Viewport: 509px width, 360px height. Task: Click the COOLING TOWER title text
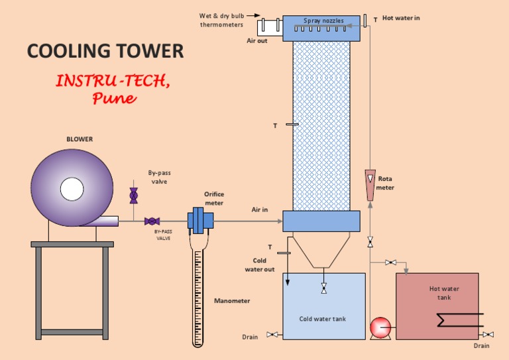[105, 51]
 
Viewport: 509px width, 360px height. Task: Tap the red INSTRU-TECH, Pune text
[113, 90]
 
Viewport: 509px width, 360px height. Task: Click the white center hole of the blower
[72, 189]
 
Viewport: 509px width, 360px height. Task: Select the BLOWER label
[80, 139]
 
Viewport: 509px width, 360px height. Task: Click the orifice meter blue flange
[198, 221]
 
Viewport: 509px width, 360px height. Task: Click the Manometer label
[232, 301]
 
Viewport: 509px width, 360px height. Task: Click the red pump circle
[380, 328]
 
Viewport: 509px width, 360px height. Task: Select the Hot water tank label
[444, 293]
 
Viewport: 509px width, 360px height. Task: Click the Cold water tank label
[323, 319]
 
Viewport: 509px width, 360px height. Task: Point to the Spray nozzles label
[323, 21]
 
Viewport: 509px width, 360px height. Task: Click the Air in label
[260, 210]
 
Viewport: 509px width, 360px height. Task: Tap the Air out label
[257, 41]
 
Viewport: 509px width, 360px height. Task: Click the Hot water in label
[401, 18]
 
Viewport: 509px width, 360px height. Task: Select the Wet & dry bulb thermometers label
[222, 20]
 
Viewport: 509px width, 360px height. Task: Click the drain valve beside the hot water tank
[488, 335]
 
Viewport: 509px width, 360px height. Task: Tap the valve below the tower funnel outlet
[323, 288]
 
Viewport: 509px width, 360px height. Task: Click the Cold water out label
[260, 265]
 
